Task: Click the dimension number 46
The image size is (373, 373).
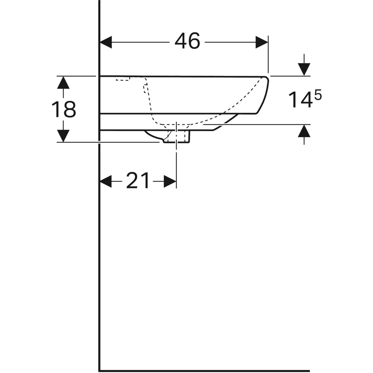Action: tap(187, 41)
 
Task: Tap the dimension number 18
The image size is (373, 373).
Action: tap(64, 109)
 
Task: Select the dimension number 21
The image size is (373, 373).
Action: tap(138, 180)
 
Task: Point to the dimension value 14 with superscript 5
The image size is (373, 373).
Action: tap(305, 99)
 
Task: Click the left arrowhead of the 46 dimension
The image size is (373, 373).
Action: tap(106, 42)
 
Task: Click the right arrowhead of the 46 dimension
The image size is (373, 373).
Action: tap(262, 42)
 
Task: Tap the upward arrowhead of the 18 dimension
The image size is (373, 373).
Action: tap(63, 83)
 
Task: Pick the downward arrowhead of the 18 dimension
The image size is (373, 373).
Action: tap(63, 136)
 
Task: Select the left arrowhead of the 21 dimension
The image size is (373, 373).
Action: tap(106, 181)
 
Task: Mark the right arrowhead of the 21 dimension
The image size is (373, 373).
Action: tap(170, 181)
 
